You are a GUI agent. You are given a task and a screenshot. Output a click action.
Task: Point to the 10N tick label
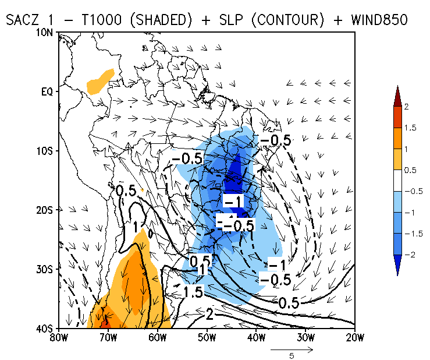click(44, 33)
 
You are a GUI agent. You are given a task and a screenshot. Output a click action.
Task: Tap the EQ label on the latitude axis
click(46, 91)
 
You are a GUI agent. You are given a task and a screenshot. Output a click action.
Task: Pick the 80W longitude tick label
click(57, 337)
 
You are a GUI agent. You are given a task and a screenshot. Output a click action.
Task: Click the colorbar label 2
click(407, 107)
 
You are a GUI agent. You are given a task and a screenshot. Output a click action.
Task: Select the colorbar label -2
click(408, 254)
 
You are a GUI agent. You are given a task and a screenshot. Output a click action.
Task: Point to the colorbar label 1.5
click(410, 128)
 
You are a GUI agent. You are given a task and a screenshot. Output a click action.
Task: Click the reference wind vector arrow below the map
click(293, 350)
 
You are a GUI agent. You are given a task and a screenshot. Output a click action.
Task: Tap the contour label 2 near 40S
click(210, 315)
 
